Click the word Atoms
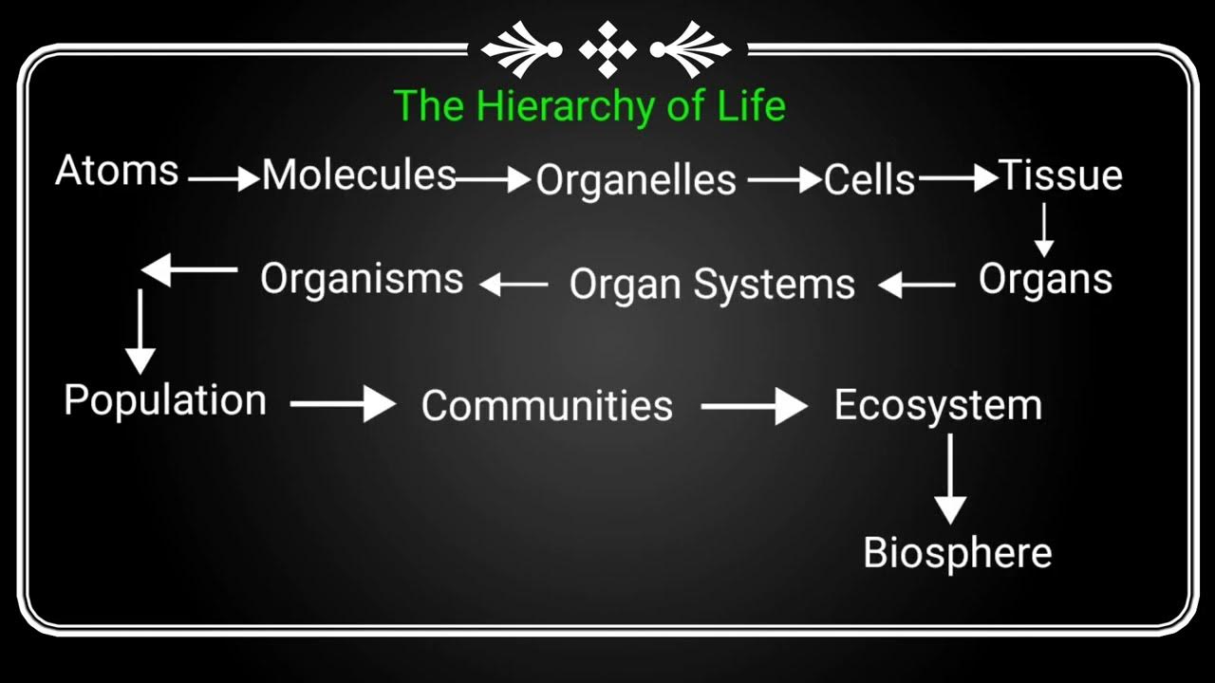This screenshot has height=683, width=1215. [x=117, y=172]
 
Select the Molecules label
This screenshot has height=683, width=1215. [x=359, y=175]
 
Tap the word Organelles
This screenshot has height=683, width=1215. [x=636, y=180]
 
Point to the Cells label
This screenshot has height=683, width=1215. [x=869, y=180]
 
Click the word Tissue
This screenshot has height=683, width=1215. [x=1060, y=175]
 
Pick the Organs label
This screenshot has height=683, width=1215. [x=1045, y=280]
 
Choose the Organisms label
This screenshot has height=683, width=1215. [x=362, y=279]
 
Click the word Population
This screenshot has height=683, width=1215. [x=165, y=400]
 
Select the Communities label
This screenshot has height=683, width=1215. [x=547, y=406]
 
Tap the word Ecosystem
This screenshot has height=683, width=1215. [x=938, y=406]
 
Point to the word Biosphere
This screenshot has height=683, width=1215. [x=957, y=552]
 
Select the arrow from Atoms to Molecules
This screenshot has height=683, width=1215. [x=224, y=177]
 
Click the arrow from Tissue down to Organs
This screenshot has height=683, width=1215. [x=1044, y=231]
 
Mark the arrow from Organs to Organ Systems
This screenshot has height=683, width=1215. [x=916, y=285]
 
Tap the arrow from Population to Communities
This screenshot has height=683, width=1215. [x=343, y=404]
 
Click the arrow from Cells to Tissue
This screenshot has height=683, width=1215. [x=958, y=177]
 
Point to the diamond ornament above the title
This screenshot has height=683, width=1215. [x=607, y=48]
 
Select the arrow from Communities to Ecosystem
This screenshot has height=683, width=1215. [x=754, y=407]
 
